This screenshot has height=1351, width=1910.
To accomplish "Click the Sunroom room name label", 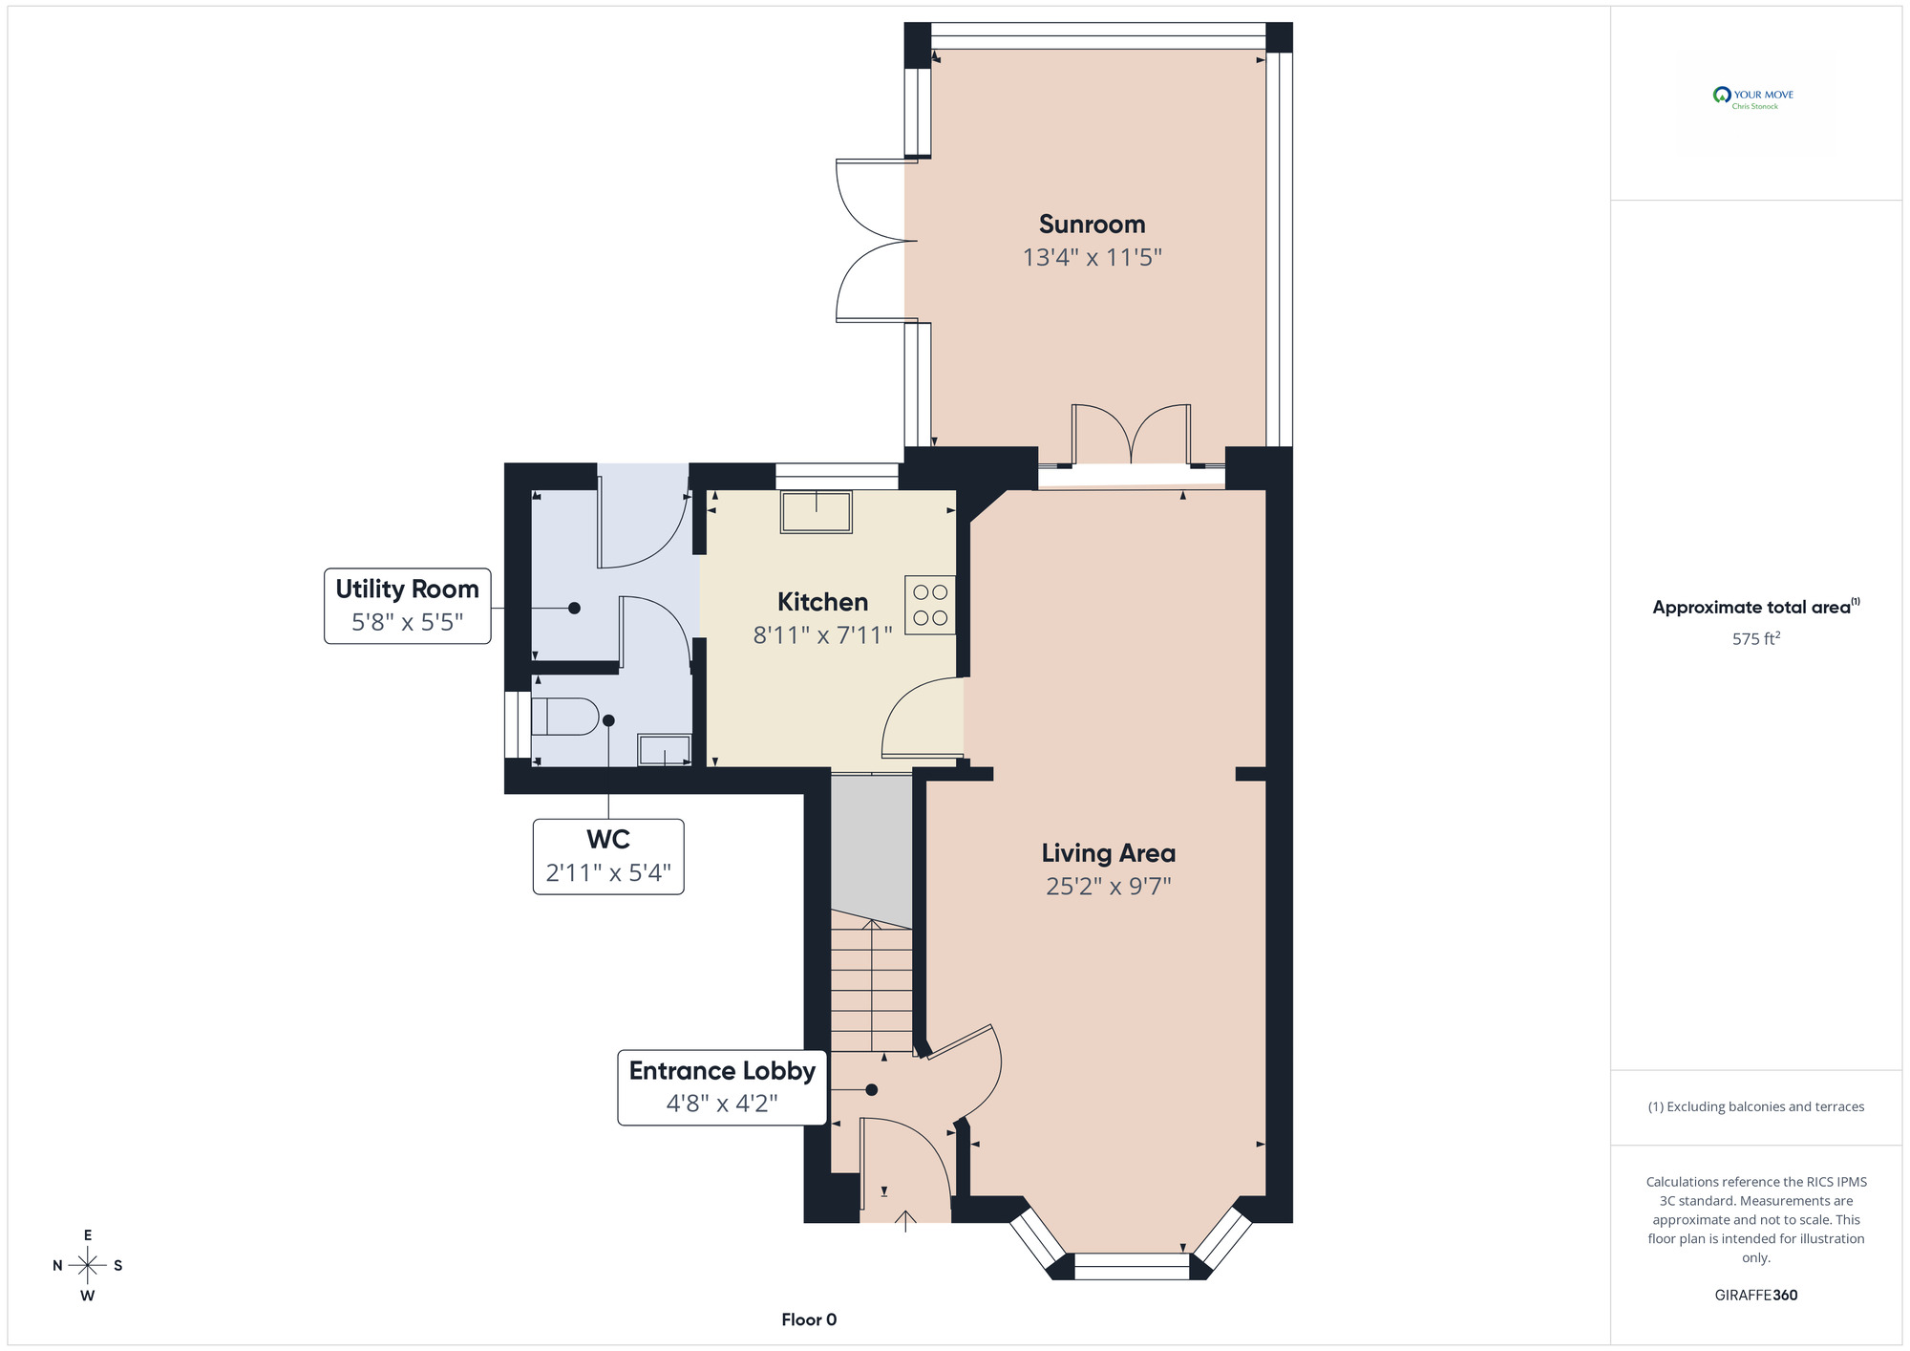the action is (1092, 225).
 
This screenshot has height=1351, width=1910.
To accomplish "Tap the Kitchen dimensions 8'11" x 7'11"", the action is (822, 635).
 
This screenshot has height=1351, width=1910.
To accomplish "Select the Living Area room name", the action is (1108, 853).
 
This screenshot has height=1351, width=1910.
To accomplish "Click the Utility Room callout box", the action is (408, 606).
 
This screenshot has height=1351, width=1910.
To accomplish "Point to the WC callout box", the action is (608, 857).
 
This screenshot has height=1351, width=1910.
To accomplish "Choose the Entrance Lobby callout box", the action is (722, 1088).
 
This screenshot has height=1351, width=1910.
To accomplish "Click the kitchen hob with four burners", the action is (930, 606).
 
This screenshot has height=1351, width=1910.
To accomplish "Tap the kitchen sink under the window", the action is (817, 512).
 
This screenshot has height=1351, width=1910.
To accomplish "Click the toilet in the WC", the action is (564, 717).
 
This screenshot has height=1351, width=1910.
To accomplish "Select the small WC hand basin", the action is (665, 750).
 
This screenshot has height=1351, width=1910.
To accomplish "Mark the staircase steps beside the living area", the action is (871, 982).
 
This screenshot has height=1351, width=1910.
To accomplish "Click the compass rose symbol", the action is (88, 1266).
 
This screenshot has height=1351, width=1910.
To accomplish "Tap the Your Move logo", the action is (1753, 97).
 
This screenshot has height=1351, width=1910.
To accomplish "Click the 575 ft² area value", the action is (1756, 638).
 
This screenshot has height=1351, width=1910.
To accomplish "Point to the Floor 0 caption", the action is (809, 1319).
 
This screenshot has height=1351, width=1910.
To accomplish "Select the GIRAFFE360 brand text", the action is (1756, 1296).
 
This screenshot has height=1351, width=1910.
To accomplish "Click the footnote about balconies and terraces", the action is (1756, 1106).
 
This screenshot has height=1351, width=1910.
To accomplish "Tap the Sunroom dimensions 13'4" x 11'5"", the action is (1093, 258).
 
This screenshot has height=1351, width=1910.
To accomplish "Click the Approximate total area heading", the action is (1756, 607).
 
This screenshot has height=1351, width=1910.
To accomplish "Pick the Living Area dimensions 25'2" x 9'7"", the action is (1109, 887).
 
